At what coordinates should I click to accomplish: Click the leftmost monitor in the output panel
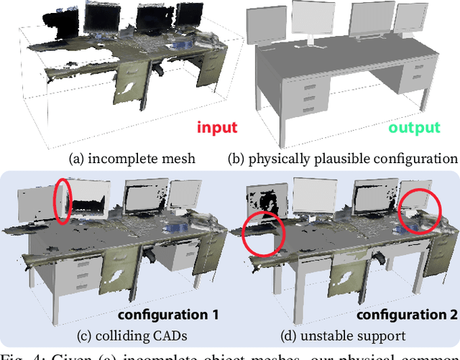coord(264,34)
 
